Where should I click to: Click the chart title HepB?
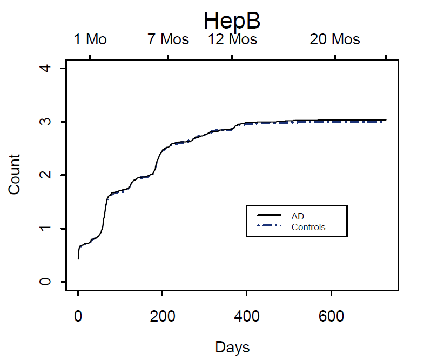(232, 21)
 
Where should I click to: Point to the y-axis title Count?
(14, 174)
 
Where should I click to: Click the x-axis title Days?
(232, 346)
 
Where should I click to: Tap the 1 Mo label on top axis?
(90, 39)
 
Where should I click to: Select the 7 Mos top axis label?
(168, 39)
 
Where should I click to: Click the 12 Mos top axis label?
(233, 39)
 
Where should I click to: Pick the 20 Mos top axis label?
(335, 39)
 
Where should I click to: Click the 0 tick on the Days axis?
(78, 316)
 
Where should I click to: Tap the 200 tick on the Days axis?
(163, 316)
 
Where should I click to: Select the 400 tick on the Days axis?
(247, 316)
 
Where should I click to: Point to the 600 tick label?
(331, 316)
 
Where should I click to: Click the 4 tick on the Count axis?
(47, 69)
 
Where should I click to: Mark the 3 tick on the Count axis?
(47, 122)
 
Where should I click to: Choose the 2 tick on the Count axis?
(47, 175)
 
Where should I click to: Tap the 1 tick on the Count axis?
(47, 228)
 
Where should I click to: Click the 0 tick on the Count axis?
(47, 282)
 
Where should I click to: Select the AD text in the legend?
(298, 216)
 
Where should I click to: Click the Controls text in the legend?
(308, 227)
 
